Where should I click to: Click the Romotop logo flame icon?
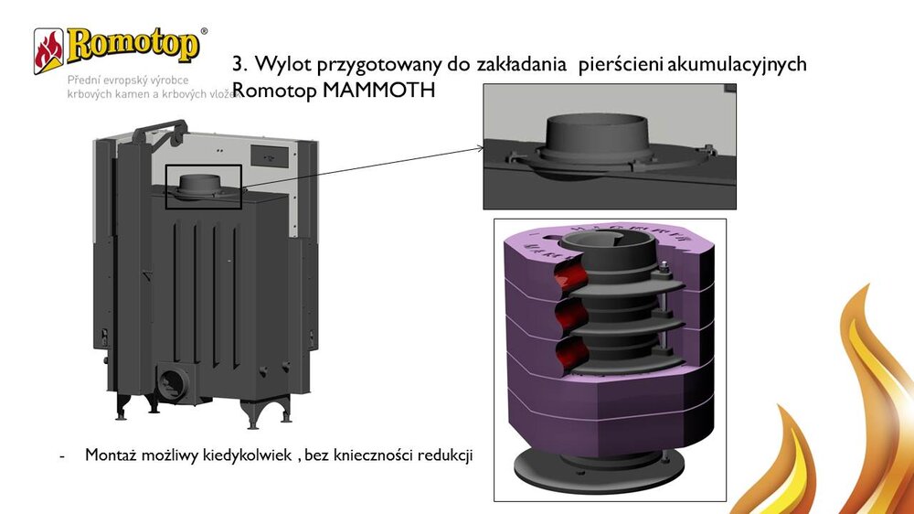click(48, 50)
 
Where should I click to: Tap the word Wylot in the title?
click(280, 65)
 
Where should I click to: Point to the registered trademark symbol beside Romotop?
click(203, 30)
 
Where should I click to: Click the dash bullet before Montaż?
click(61, 455)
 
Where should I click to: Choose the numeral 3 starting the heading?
click(239, 65)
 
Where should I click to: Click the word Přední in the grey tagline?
click(85, 80)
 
